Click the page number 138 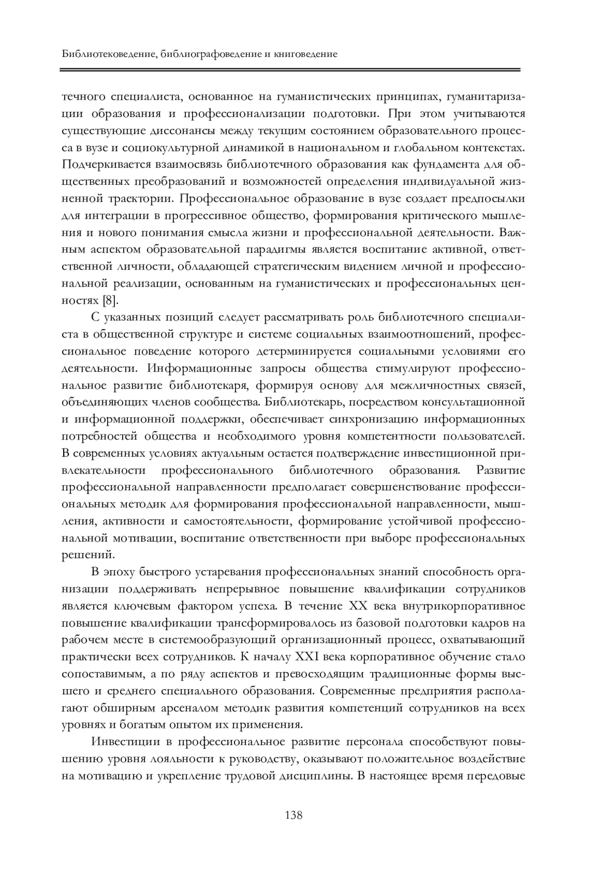coord(294,815)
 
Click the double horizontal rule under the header coord(291,69)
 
